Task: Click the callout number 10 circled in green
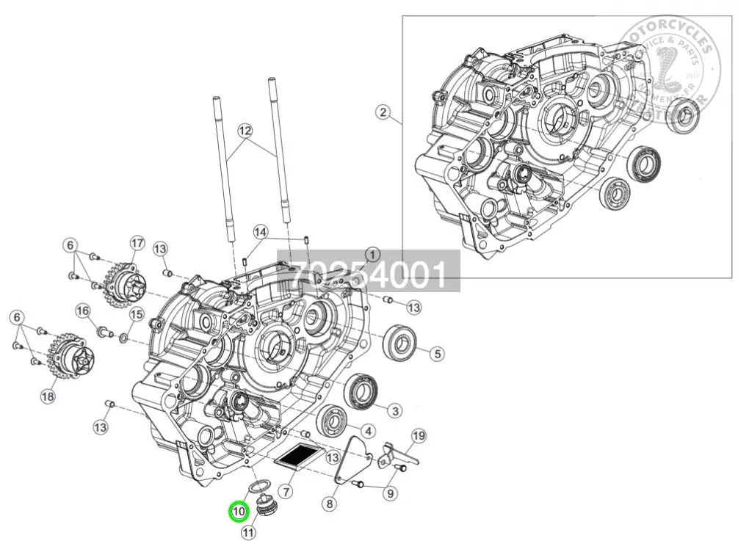pos(238,510)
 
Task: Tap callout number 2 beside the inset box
pos(382,112)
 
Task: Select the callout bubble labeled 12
pos(245,131)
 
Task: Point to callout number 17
pos(136,243)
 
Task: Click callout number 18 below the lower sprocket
pos(48,396)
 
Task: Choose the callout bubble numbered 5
pos(437,354)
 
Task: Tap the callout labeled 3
pos(395,410)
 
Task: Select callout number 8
pos(329,504)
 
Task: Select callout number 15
pos(136,315)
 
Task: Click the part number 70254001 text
pos(367,275)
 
